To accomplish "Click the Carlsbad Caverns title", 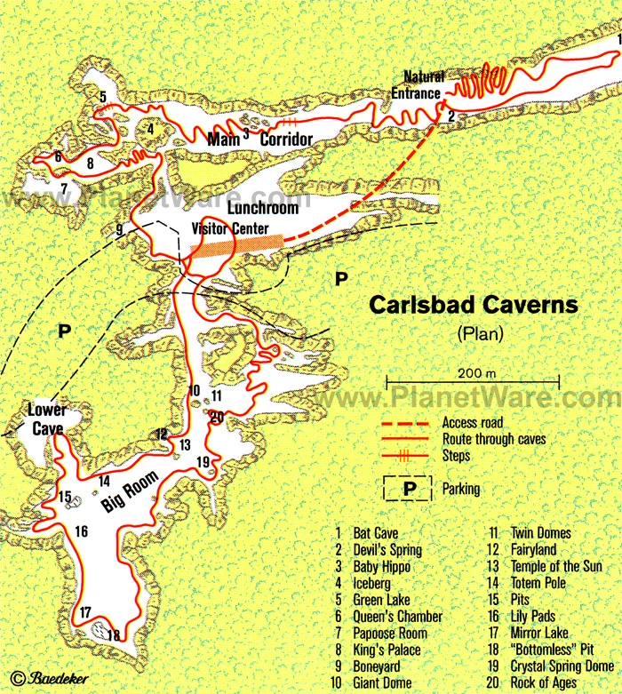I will pyautogui.click(x=473, y=305).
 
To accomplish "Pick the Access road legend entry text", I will pyautogui.click(x=470, y=422).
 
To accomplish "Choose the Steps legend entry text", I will pyautogui.click(x=455, y=455).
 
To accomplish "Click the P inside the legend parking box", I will pyautogui.click(x=410, y=489).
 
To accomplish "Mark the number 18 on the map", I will pyautogui.click(x=113, y=634).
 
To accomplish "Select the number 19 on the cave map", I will pyautogui.click(x=203, y=461).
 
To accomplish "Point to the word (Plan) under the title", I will pyautogui.click(x=481, y=334).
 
